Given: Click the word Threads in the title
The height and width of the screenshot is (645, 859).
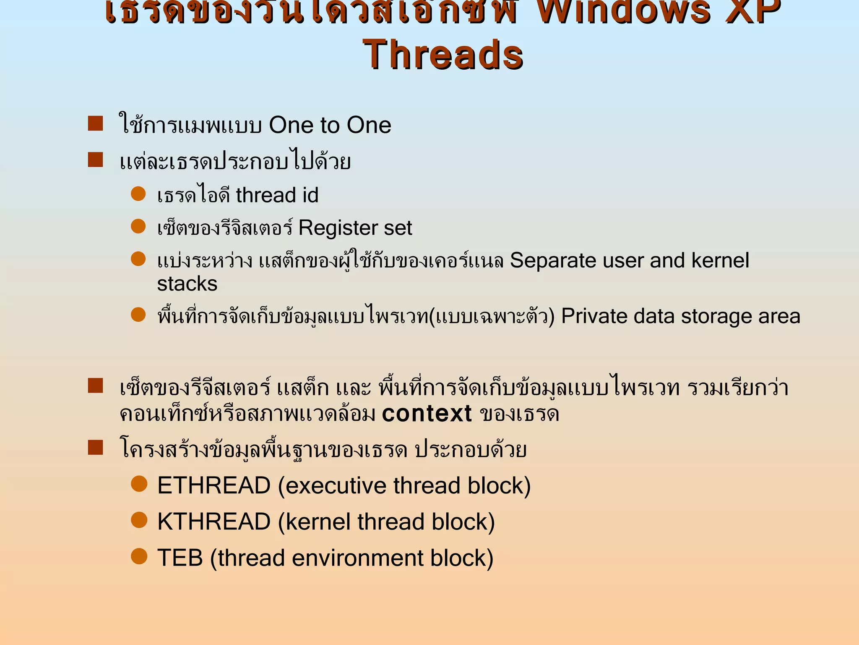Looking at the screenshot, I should [x=443, y=55].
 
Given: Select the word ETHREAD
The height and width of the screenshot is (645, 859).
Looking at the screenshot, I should [x=214, y=486].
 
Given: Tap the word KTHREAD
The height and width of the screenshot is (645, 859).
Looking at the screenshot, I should [x=214, y=522].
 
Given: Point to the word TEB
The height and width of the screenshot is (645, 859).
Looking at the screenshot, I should [x=180, y=558].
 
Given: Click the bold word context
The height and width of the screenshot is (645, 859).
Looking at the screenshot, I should [x=427, y=414].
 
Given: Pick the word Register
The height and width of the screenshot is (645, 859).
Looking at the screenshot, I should [x=337, y=228].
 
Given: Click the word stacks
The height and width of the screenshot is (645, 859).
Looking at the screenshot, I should [x=187, y=284].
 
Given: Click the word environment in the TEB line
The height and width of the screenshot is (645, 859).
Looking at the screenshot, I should [x=357, y=558].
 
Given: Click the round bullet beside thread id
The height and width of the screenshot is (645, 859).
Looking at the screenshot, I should [x=138, y=194].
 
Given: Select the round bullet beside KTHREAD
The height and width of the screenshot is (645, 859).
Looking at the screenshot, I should [x=139, y=520].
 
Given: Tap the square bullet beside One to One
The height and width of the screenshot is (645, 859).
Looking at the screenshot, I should [x=96, y=124].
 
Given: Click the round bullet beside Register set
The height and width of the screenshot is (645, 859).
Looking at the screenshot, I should [x=138, y=226].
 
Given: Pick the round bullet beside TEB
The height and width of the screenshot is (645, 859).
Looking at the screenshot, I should [x=139, y=556].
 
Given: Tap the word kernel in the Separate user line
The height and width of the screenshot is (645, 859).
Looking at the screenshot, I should [x=720, y=260].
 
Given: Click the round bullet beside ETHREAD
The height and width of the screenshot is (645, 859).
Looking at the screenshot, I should [x=139, y=484].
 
